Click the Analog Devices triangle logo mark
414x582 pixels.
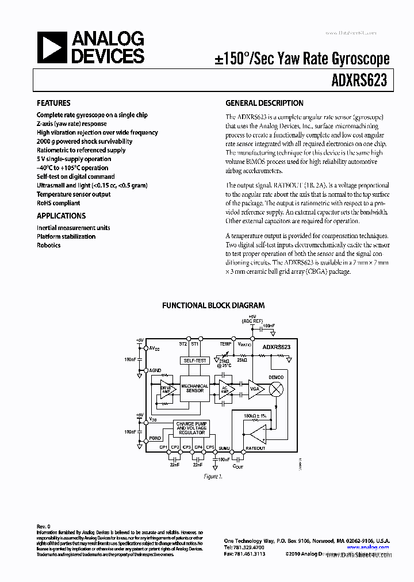click(x=51, y=47)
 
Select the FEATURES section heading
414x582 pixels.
click(x=53, y=104)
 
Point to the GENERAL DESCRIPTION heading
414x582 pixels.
click(x=264, y=104)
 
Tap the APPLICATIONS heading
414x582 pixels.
click(x=61, y=216)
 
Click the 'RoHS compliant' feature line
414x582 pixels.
click(x=58, y=203)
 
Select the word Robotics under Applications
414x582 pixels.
click(x=48, y=245)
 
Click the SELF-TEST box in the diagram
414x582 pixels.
click(x=194, y=361)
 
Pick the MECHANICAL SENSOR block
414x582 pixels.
click(x=194, y=389)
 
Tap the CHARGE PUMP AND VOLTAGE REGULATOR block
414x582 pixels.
click(x=193, y=428)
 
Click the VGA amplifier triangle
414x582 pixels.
click(x=254, y=389)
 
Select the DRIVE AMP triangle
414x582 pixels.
click(x=167, y=389)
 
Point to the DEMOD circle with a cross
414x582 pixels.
click(x=276, y=389)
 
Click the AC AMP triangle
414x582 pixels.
click(x=224, y=389)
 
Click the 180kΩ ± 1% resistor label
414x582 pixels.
click(x=255, y=415)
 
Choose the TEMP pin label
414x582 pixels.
click(x=226, y=343)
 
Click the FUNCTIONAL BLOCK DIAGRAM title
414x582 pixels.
click(x=213, y=306)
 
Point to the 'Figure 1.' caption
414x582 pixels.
click(x=212, y=476)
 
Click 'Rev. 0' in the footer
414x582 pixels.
click(x=44, y=527)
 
